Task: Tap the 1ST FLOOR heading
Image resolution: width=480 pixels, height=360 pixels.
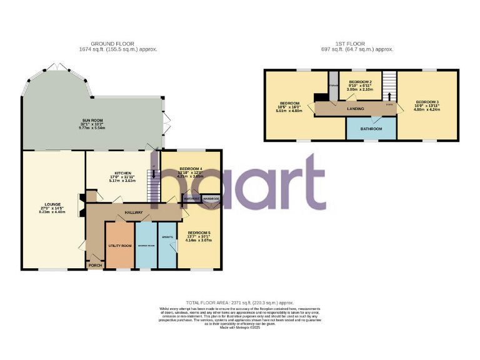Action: (356, 44)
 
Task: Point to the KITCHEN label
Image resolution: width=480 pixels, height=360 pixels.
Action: (122, 173)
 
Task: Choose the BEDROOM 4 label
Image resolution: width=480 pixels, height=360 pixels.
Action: (191, 169)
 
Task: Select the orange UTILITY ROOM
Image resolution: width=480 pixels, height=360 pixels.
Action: (119, 246)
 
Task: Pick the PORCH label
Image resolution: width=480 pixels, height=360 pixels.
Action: (95, 266)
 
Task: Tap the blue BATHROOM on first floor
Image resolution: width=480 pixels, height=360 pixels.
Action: (371, 129)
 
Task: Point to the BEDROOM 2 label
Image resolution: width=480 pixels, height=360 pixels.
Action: (360, 82)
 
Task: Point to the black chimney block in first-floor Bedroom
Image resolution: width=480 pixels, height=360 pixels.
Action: (319, 97)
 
